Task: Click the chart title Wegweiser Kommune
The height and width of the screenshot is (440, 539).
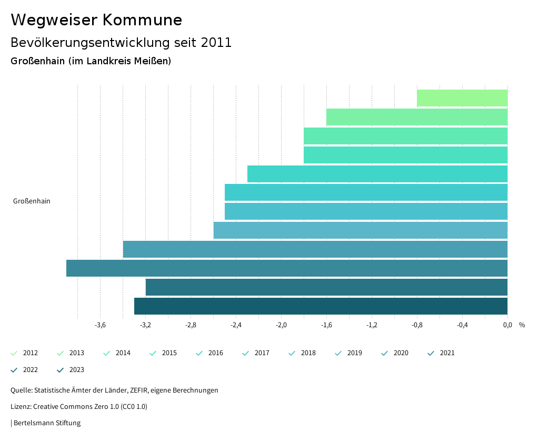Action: tap(96, 20)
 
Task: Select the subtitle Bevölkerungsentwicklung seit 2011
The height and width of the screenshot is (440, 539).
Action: tap(121, 43)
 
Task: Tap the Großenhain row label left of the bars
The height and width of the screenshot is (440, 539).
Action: tap(32, 201)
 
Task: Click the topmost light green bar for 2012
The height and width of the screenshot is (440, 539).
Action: tap(462, 98)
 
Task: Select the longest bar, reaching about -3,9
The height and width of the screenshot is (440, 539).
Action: tap(287, 268)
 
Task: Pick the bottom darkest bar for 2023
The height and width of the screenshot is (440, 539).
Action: tap(321, 306)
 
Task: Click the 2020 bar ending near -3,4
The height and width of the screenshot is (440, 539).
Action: tap(315, 249)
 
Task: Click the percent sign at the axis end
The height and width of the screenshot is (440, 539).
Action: tap(522, 325)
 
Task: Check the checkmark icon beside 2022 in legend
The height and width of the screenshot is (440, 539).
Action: tap(14, 370)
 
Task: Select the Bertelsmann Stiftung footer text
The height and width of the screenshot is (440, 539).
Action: tap(47, 423)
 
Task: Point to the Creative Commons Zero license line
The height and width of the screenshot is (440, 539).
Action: tap(79, 407)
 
